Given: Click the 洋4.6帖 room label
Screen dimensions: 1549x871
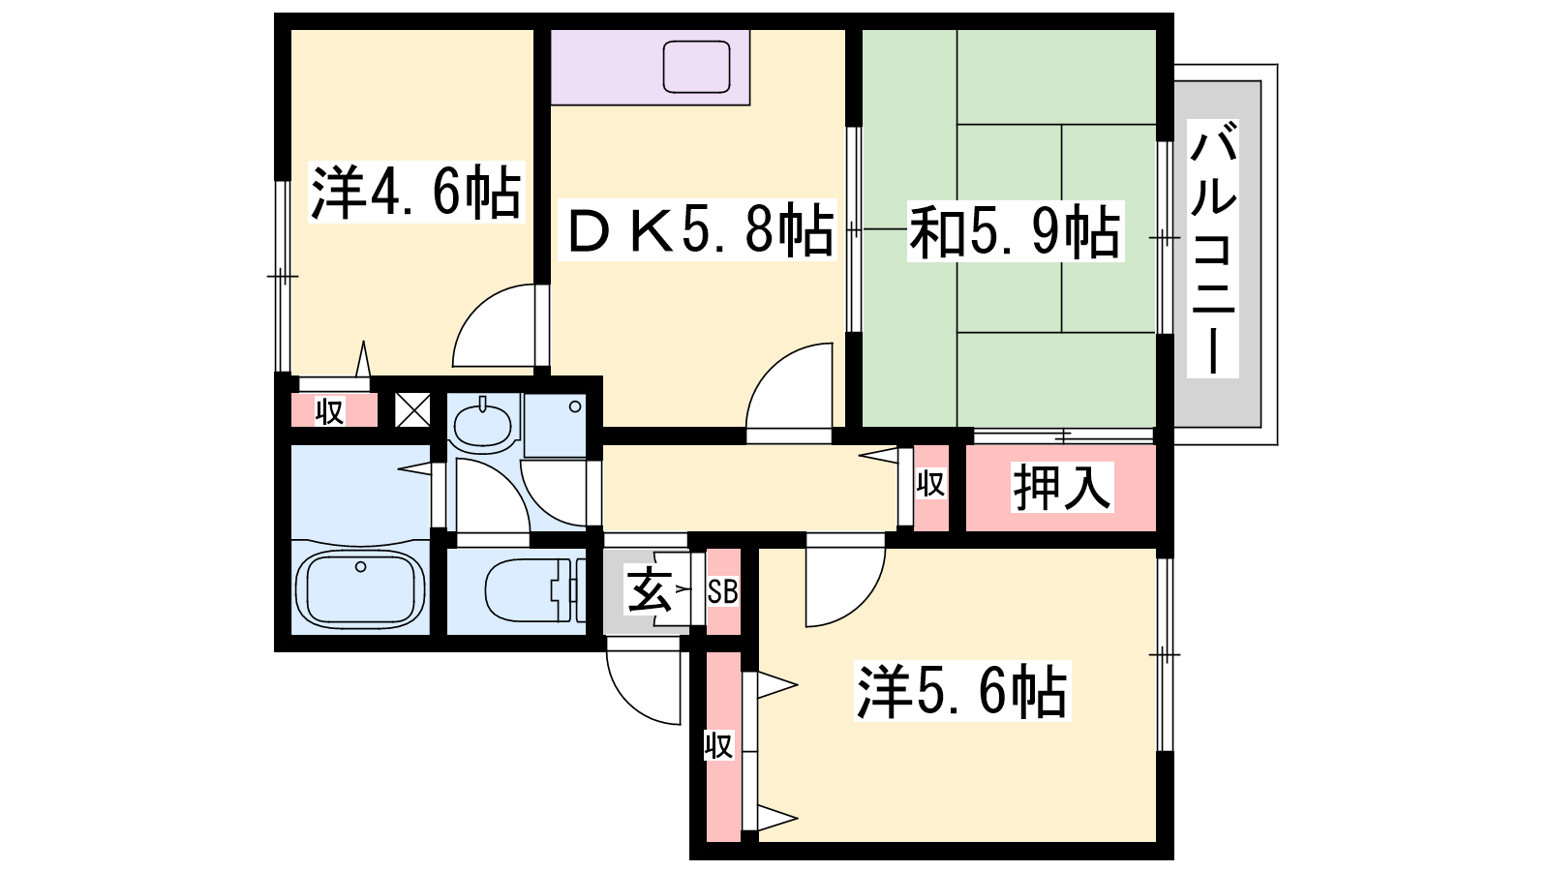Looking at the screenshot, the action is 416,192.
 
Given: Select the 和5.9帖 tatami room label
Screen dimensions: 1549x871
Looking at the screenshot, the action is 1016,231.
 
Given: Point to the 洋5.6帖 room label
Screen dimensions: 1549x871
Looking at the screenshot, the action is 962,691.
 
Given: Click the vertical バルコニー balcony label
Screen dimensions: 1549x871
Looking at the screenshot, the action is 1213,248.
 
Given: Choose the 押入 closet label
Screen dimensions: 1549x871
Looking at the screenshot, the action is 1062,487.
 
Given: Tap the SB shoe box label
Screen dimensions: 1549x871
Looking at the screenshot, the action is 722,591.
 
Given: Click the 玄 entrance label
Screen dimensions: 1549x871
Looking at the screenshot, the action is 649,589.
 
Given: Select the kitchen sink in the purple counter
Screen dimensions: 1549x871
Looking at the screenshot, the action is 696,67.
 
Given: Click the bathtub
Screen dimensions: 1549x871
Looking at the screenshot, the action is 360,589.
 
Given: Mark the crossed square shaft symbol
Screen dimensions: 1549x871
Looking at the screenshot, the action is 412,410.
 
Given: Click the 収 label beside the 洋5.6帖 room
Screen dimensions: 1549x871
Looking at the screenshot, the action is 719,746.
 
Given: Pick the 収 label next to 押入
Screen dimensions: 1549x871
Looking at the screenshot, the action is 930,484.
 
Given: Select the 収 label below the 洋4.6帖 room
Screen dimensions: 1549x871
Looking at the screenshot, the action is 329,412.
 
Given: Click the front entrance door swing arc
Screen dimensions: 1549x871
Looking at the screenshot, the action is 644,680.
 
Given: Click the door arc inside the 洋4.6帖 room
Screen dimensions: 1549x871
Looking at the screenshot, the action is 494,325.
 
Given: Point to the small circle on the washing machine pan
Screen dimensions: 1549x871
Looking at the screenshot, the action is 575,406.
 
